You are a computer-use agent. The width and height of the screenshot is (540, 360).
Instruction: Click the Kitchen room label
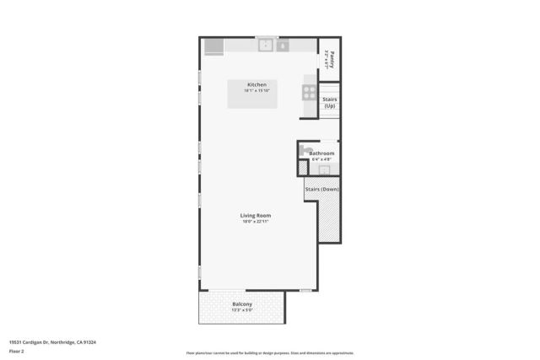(256, 85)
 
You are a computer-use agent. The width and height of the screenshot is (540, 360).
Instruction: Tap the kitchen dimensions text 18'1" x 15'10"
(256, 91)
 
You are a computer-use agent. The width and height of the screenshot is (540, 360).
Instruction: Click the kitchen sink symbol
(265, 46)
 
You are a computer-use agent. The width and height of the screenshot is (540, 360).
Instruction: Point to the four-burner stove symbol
(310, 94)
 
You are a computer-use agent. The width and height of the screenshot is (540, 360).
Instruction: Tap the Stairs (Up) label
(330, 103)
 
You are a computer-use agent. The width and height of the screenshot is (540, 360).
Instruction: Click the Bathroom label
(321, 153)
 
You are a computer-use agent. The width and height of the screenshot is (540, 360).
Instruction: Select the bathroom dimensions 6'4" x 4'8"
(321, 159)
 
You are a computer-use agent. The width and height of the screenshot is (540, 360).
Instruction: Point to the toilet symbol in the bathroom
(304, 150)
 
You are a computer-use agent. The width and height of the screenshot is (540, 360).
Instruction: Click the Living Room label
(256, 216)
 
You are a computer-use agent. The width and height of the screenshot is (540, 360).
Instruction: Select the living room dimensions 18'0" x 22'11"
(256, 222)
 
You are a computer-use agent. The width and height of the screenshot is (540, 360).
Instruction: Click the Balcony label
(243, 304)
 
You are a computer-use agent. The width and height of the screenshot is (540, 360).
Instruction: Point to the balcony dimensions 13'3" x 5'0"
(243, 310)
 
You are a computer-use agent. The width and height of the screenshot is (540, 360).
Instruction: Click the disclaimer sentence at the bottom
(270, 353)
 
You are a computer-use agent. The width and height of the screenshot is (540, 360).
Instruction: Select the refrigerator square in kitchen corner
(213, 46)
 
